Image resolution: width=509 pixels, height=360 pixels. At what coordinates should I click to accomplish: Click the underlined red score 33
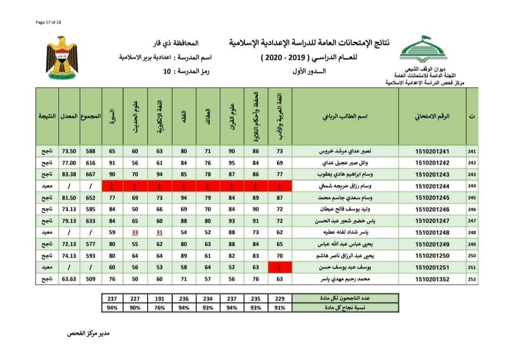(135, 232)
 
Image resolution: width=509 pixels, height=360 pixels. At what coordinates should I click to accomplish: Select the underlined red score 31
(159, 232)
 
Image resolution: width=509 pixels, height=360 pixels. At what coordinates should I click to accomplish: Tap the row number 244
(472, 186)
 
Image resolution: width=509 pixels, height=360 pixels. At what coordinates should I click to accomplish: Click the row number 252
(472, 278)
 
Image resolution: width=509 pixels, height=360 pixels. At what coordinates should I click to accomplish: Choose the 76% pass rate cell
(159, 308)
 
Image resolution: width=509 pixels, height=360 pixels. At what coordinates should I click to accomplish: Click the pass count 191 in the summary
(159, 299)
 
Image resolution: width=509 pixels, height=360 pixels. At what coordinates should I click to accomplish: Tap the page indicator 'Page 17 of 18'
(49, 22)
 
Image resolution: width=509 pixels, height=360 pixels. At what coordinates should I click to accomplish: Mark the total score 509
(91, 278)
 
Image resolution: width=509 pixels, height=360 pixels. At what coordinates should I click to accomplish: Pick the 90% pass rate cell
(135, 308)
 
